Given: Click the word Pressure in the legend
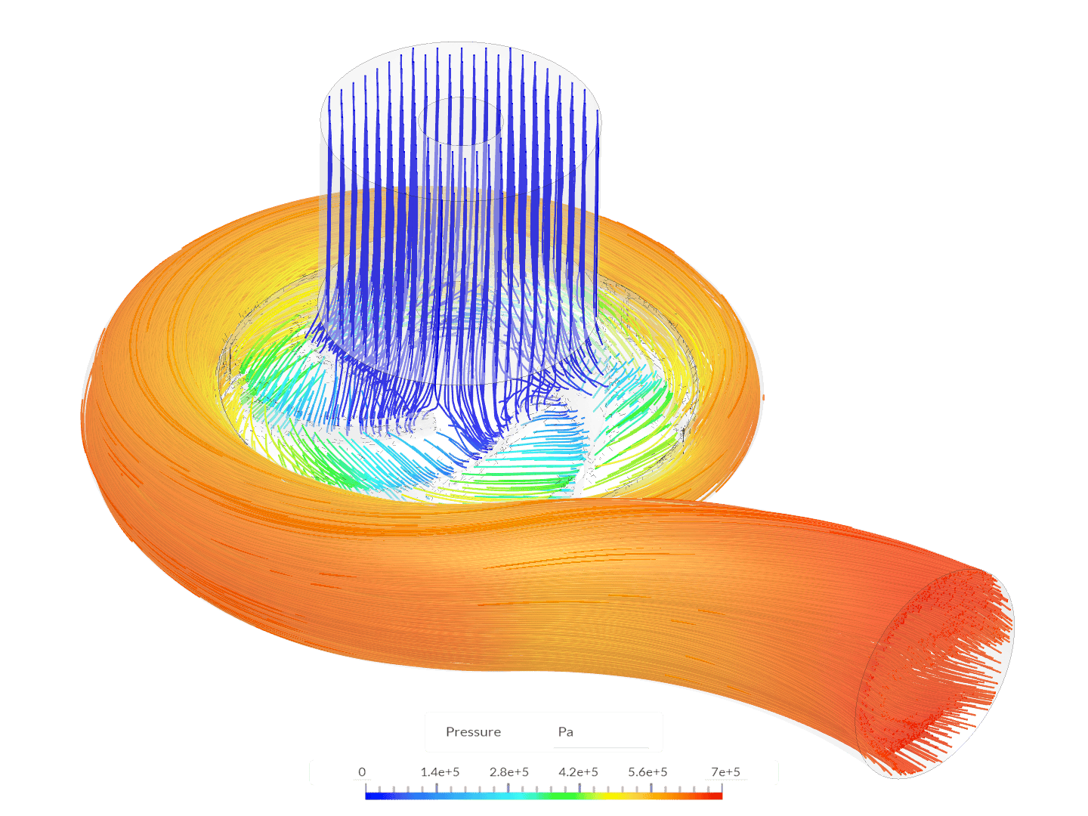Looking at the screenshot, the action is point(473,732).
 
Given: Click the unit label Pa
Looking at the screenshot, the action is point(565,732).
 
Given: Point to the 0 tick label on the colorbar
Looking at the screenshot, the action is point(362,772).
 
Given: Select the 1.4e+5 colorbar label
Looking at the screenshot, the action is point(440,772).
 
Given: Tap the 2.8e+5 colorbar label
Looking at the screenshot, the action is point(509,772).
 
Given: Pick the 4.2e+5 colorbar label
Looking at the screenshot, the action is point(579,772).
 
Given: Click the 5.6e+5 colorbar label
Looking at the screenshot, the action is point(648,772).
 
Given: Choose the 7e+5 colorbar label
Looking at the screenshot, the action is point(725,772).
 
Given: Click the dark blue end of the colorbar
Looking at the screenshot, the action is point(369,796).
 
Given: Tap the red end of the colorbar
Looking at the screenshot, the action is point(717,796).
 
